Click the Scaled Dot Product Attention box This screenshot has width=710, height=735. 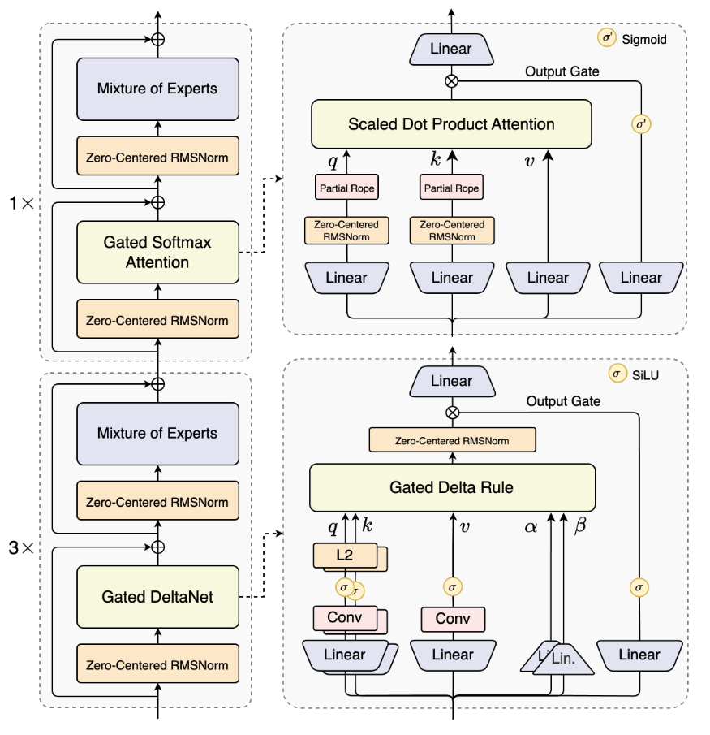point(451,124)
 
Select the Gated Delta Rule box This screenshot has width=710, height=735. point(452,487)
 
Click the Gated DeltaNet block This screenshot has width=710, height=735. point(157,597)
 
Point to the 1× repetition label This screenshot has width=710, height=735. point(21,204)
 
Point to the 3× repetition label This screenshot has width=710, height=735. point(21,548)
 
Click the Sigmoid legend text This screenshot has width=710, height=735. point(643,38)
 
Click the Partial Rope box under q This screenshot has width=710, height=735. point(346,188)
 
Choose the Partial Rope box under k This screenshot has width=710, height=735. point(451,188)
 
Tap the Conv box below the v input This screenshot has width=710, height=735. point(452,619)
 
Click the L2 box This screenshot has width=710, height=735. point(344,556)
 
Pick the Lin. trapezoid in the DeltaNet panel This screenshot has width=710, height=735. point(562,659)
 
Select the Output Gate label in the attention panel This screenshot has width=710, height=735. point(562,71)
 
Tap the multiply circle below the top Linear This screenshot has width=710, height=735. point(452,80)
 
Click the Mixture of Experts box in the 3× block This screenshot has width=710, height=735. point(157,433)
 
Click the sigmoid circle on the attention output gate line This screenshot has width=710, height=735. point(641,124)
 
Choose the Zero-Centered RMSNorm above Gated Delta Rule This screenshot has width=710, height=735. point(452,440)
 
